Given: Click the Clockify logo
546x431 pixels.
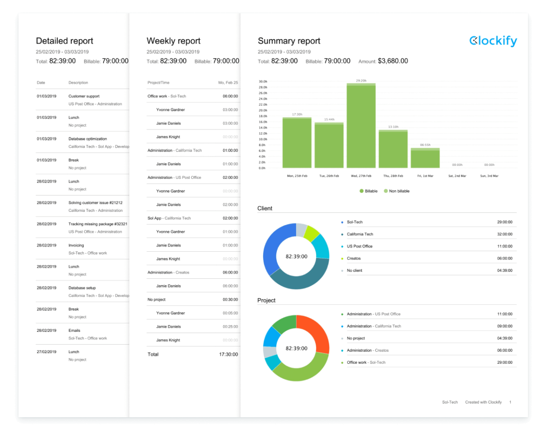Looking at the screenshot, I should coord(493,41).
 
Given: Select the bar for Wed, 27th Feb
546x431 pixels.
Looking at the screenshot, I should coord(361,126).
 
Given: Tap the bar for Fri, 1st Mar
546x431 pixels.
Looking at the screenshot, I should coord(425,158).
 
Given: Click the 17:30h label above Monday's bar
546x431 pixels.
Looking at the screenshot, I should coord(297,114).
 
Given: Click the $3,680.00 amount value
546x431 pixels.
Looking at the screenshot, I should coord(393,61).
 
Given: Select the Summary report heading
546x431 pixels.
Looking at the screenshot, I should coord(289,41).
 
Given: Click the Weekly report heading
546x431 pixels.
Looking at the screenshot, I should coord(173,41).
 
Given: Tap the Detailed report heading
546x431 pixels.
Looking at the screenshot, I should coord(65,41).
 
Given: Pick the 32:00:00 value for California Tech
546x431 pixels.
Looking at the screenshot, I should coord(504,234).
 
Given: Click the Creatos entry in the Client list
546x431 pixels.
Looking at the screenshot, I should coord(354,258).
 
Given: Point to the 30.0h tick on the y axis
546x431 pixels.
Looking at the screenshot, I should coord(263,82).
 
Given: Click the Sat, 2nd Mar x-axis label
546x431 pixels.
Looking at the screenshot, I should coord(457,176).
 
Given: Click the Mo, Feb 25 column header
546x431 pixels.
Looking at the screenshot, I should coord(228,83).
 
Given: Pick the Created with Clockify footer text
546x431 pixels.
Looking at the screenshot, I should coord(483,402).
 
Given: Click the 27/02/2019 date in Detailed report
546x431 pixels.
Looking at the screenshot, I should coord(47,352).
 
